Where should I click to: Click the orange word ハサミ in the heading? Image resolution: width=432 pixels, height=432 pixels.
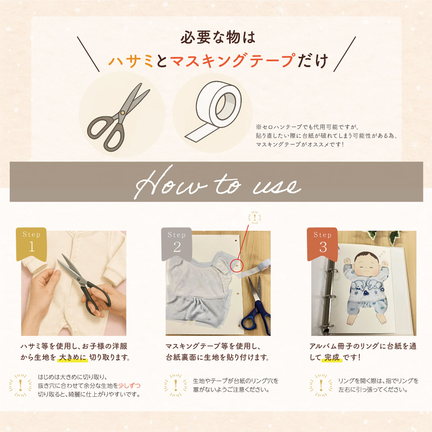click(131, 61)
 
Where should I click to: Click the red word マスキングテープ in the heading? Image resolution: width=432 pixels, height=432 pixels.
click(232, 60)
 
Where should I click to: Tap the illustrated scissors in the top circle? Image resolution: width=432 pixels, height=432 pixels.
click(118, 117)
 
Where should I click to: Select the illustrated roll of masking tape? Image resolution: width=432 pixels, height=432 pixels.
click(213, 112)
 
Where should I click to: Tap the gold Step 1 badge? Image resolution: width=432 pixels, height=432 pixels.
click(31, 244)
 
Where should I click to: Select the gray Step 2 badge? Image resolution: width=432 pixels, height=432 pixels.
click(176, 244)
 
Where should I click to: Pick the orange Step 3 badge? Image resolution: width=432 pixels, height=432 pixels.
click(322, 244)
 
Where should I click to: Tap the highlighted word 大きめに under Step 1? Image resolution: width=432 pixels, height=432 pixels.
click(73, 357)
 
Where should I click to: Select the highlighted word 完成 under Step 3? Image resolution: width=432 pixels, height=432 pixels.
click(332, 357)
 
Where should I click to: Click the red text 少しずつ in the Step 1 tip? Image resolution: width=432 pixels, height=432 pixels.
click(129, 385)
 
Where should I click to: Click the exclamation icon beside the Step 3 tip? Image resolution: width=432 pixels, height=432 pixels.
click(321, 386)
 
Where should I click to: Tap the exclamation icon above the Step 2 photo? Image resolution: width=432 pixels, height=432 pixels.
click(255, 217)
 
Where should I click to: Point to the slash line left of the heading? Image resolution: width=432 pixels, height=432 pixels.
click(88, 54)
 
